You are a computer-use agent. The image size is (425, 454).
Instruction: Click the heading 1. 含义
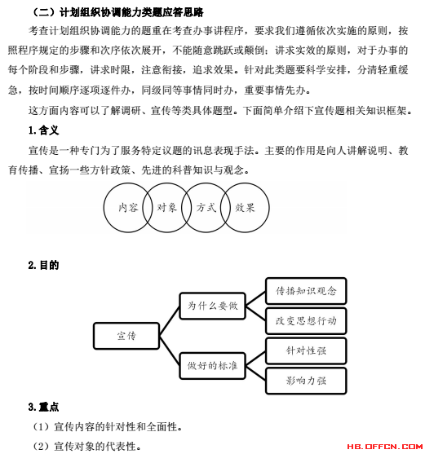(44, 130)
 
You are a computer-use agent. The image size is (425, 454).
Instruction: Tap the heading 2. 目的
(44, 265)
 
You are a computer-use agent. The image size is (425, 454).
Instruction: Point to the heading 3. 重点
(44, 407)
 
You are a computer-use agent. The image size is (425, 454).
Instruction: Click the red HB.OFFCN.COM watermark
(385, 447)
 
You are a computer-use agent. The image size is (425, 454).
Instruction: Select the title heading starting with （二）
(117, 12)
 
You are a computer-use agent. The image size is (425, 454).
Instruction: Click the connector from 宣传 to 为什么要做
(170, 321)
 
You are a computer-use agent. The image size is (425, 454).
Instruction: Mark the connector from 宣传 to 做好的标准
(170, 350)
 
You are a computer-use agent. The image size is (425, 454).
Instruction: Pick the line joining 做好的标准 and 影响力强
(255, 373)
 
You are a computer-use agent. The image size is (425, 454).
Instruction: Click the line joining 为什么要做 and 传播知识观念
(255, 298)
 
